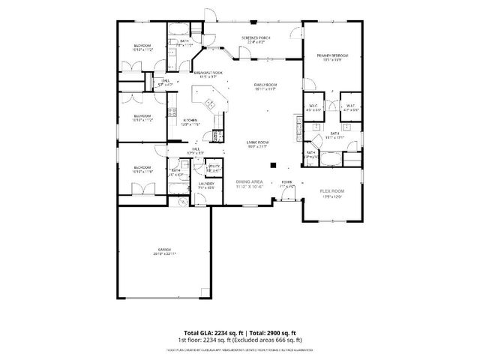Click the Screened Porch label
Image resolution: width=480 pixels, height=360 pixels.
tap(255, 37)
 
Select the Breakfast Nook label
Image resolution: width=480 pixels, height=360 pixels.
tap(207, 73)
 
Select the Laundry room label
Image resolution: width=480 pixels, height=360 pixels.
tap(206, 184)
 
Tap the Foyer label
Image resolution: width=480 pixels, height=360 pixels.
tap(286, 181)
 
